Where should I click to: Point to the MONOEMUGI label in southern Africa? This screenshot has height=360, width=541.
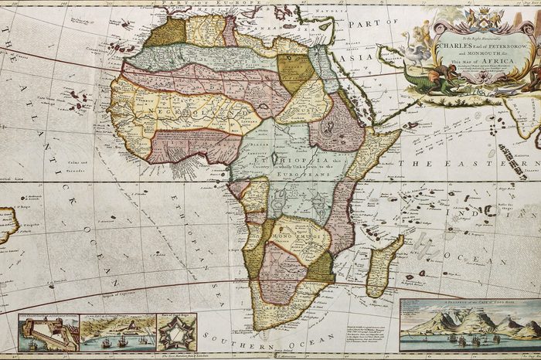(298, 233)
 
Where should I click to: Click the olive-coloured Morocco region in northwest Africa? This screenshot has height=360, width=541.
(167, 32)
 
